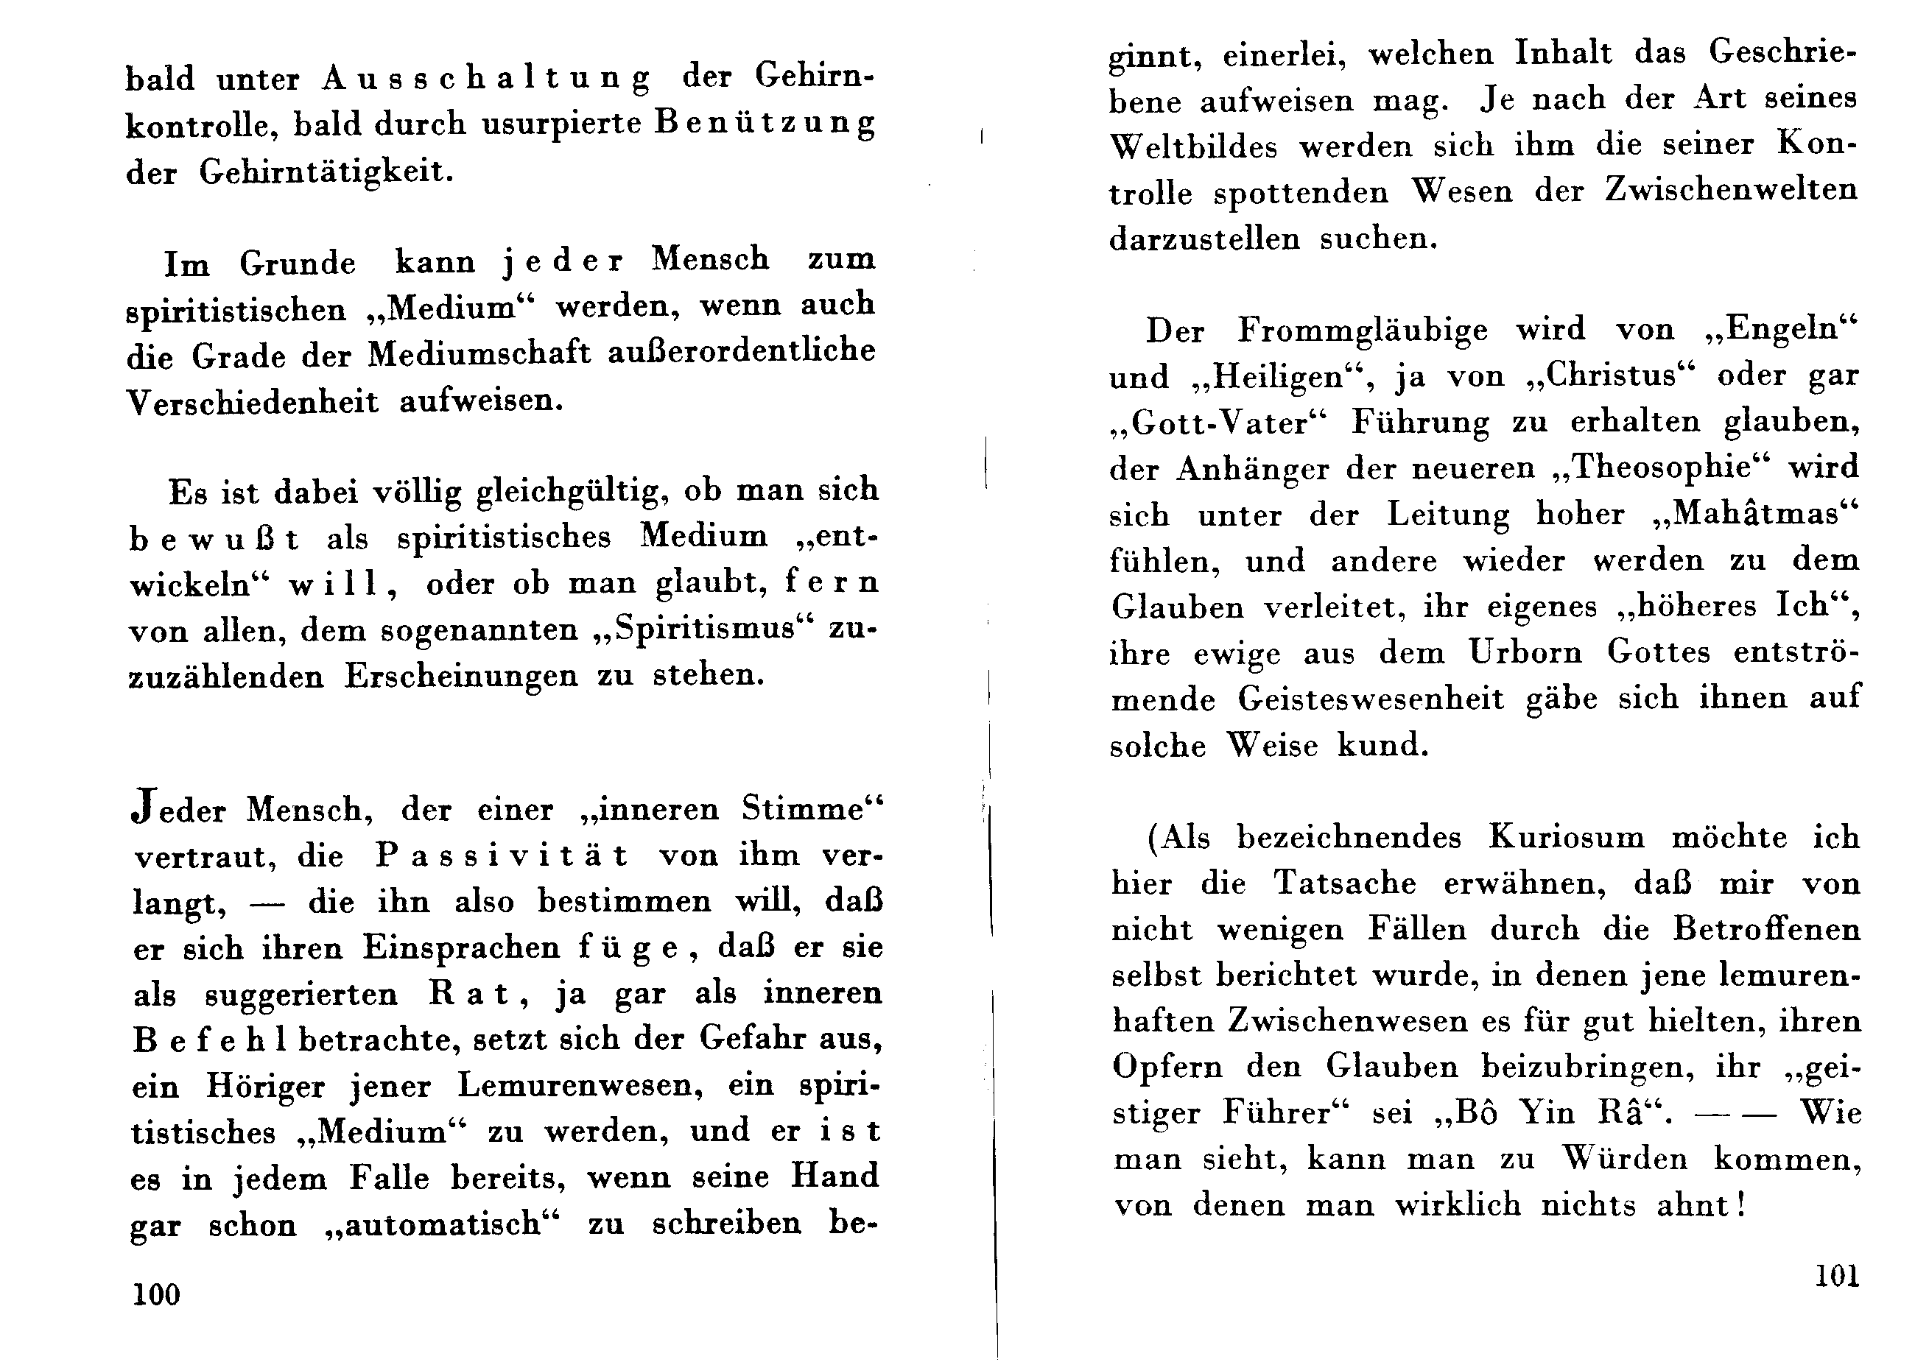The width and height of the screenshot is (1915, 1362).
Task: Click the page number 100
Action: (156, 1295)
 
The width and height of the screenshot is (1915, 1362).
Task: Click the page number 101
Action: (1836, 1277)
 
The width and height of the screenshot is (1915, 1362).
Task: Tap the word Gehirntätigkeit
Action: (326, 172)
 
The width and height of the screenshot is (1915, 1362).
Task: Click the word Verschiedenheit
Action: (253, 403)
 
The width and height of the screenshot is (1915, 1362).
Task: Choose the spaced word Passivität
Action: (502, 855)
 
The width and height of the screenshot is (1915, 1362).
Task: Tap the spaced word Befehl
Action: (210, 1041)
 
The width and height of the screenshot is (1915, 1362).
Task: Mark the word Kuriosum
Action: (1566, 838)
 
